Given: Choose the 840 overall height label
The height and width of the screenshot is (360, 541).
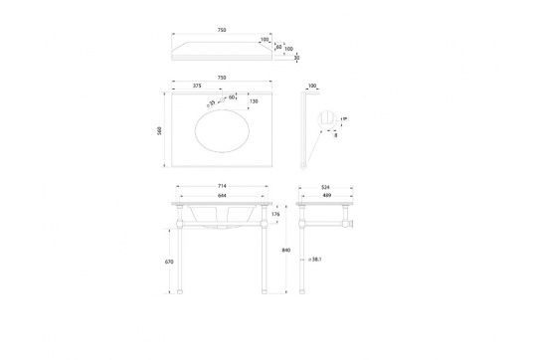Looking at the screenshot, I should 287,252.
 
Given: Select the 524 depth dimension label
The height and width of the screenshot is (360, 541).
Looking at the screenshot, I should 327,185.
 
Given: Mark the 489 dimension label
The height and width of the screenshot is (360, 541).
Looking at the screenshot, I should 328,195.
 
